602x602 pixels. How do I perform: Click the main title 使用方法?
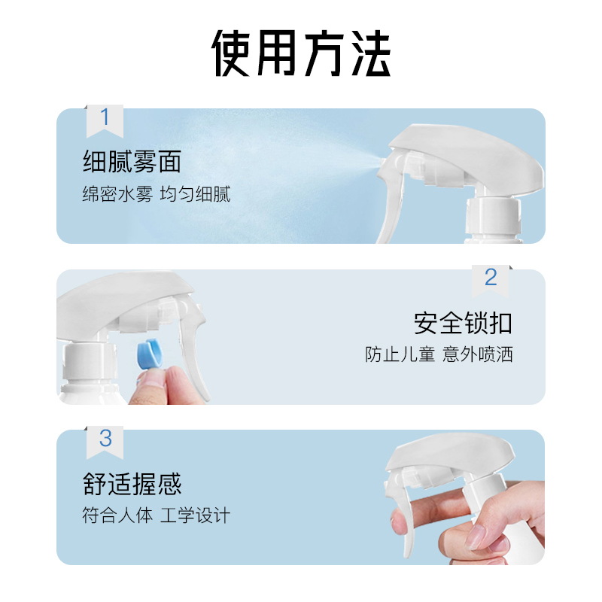coord(301,53)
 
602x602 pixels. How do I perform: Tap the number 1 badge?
coord(105,120)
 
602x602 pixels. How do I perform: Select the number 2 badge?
coord(491,281)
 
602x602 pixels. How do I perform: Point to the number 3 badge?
coord(105,442)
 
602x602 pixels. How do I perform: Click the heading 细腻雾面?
coord(132,161)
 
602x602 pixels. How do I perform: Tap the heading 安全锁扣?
coord(463,323)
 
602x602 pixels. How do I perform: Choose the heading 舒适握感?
coord(132,483)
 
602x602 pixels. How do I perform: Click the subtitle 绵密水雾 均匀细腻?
coord(157,193)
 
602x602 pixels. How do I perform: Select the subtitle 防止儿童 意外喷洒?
coord(439,354)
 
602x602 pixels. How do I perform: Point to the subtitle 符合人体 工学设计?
coord(157,515)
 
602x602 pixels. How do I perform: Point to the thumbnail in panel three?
coord(476,537)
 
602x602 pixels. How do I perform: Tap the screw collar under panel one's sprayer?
coord(494,218)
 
